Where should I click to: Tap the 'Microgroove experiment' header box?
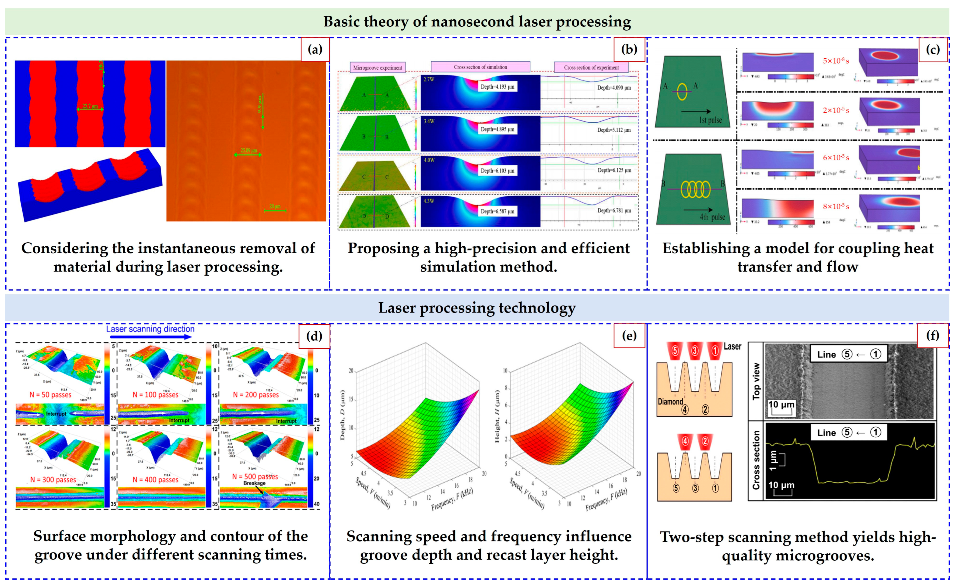coord(377,68)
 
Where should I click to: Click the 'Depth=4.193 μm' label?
coord(497,87)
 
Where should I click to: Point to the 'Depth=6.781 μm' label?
coord(614,210)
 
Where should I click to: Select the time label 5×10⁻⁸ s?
coord(836,61)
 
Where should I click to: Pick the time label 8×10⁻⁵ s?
coord(836,206)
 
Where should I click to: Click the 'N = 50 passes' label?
coord(51,395)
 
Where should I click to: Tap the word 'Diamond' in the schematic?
coord(670,401)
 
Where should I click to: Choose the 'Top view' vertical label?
coord(756,381)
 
